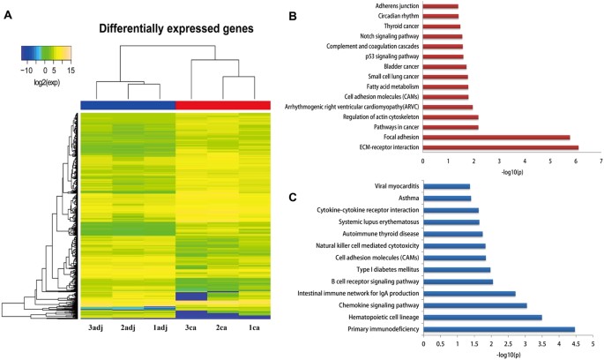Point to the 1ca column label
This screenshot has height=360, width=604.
(x=254, y=327)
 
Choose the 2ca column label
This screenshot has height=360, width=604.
(x=222, y=327)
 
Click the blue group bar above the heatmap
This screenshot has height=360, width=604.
(x=128, y=104)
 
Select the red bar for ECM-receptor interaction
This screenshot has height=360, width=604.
(x=501, y=147)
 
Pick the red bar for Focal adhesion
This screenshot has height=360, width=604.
(x=496, y=137)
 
